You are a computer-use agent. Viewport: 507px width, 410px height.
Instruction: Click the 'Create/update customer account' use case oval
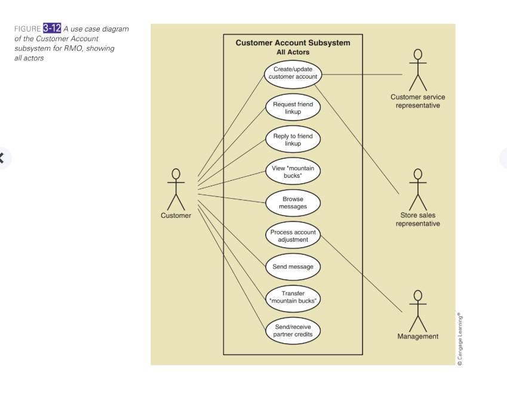(x=293, y=75)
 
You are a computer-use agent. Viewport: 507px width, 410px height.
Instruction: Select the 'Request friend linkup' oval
(x=293, y=107)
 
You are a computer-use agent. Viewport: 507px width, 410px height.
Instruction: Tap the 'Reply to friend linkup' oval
(x=293, y=140)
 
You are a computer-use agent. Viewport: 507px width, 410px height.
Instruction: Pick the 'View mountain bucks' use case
(x=293, y=171)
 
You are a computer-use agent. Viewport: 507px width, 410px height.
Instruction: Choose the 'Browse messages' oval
(x=293, y=203)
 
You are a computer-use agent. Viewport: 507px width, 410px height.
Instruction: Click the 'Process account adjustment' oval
(x=293, y=235)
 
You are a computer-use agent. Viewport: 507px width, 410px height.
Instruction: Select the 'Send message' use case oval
(x=293, y=267)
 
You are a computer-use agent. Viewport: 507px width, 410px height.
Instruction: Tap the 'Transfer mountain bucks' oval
(x=293, y=299)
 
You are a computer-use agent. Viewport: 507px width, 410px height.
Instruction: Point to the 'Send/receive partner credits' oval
(x=293, y=331)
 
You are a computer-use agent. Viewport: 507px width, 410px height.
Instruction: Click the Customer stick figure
(x=176, y=189)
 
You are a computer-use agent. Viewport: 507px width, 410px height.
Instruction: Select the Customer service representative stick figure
(x=418, y=70)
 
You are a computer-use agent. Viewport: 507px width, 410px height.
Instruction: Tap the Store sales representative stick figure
(x=418, y=189)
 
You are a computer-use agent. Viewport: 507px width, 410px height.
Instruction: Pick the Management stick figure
(x=418, y=311)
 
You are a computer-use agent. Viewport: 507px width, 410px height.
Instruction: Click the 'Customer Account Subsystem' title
(x=293, y=43)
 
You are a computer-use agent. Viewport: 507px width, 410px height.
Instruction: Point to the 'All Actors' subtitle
(x=293, y=52)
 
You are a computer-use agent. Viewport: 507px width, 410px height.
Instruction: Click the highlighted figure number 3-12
(x=52, y=28)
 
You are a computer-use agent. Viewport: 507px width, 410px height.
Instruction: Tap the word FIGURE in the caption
(x=27, y=29)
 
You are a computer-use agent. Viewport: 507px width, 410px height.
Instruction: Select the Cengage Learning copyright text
(x=460, y=339)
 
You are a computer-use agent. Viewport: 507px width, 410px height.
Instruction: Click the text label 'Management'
(x=418, y=337)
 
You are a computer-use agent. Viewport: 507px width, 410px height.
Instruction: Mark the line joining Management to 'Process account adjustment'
(x=361, y=274)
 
